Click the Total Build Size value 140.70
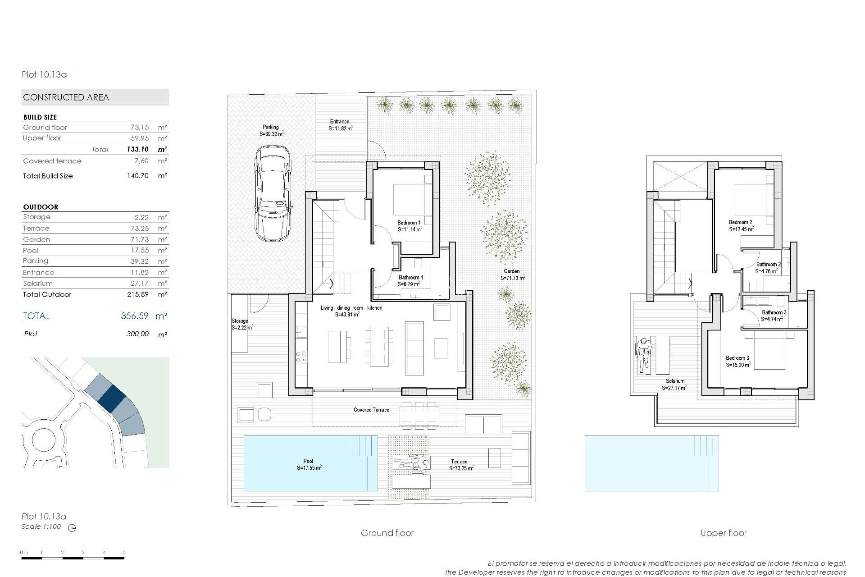tap(137, 176)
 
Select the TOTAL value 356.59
tap(134, 316)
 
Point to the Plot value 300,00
tap(137, 334)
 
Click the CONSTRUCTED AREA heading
tap(66, 97)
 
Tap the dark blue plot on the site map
tap(111, 398)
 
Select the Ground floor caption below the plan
tap(387, 533)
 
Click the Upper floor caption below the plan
tap(723, 533)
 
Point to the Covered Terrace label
tap(371, 410)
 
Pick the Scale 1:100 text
tap(41, 527)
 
